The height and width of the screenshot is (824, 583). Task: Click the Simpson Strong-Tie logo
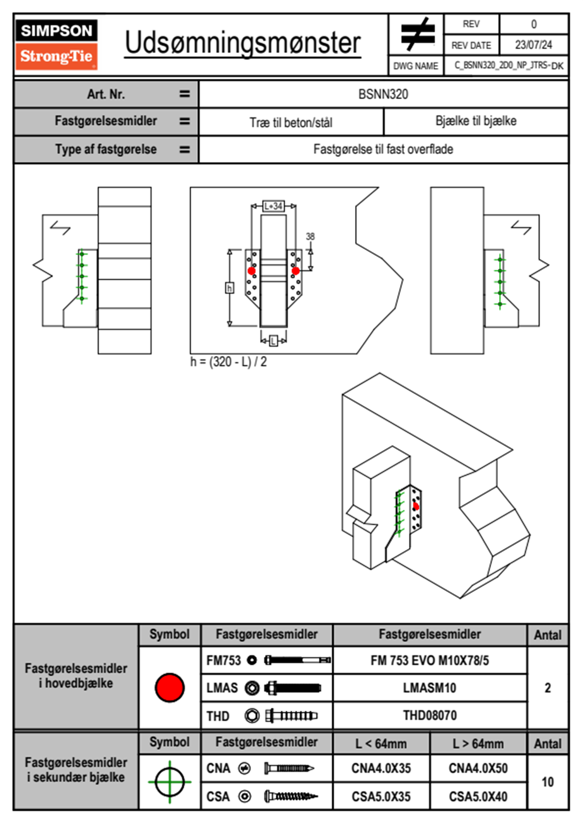[56, 44]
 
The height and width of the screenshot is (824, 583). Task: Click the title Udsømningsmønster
[243, 43]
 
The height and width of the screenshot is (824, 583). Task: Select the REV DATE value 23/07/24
[533, 45]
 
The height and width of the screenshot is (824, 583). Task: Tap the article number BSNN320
[383, 94]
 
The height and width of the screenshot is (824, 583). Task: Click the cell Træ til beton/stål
[291, 122]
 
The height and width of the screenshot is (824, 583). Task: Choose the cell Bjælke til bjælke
[476, 121]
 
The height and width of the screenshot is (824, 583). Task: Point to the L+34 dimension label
[273, 206]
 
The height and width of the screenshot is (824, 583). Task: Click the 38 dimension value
[310, 237]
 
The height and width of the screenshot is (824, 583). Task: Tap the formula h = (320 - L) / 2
[229, 362]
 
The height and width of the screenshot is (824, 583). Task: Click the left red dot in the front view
[251, 271]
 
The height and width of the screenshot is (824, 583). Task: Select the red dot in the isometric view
[416, 507]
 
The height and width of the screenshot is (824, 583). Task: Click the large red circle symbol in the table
[170, 687]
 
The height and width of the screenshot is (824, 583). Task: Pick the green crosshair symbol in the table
[170, 782]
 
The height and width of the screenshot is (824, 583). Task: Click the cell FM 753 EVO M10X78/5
[430, 661]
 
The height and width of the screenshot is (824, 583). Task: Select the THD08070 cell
[430, 716]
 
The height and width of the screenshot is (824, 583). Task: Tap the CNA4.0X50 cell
[478, 769]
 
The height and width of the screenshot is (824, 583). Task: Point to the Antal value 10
[547, 782]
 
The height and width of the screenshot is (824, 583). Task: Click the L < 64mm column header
[381, 744]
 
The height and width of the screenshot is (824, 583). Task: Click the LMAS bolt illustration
[292, 688]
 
